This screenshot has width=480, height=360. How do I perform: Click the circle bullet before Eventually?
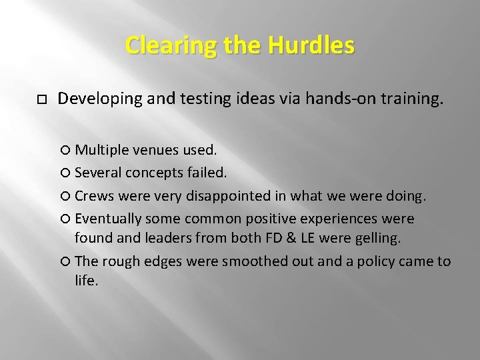67,219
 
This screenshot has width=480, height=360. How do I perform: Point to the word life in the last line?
86,281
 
